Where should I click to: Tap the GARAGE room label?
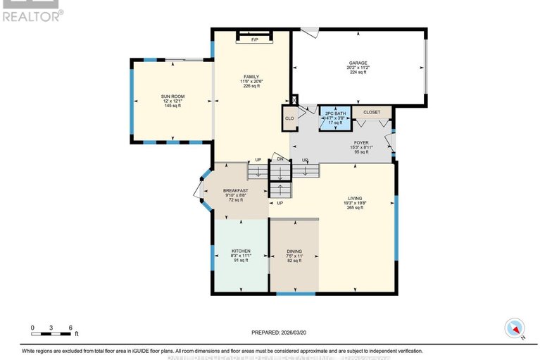point(358,62)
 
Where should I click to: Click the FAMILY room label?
point(251,77)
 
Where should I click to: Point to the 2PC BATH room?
point(335,113)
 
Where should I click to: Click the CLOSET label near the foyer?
point(372,112)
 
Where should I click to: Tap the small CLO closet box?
point(289,118)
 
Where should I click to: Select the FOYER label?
point(361,142)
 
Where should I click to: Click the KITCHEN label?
point(241,251)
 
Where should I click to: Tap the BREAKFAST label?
point(236,190)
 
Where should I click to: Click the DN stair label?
point(280,159)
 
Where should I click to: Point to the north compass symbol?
point(515,327)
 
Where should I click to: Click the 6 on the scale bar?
point(70,328)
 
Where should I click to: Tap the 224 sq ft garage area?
point(358,72)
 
